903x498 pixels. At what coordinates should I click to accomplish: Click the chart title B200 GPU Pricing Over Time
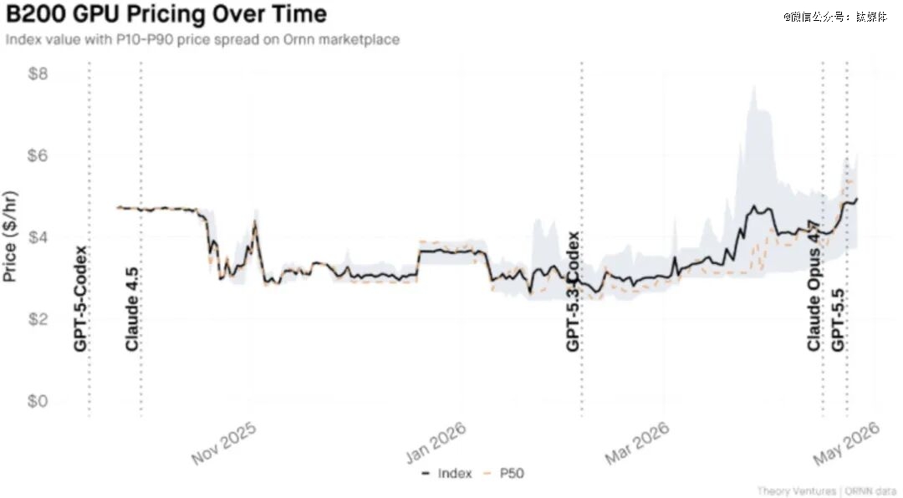166,15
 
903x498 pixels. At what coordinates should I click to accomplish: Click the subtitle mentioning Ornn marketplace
202,39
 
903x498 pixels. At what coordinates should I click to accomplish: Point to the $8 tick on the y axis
38,74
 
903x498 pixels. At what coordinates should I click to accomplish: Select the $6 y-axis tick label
38,156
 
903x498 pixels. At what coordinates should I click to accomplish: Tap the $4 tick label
38,238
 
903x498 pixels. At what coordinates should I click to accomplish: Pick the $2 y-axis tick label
38,320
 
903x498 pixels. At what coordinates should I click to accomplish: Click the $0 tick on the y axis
38,402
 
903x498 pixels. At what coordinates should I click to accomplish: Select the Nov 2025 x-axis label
223,443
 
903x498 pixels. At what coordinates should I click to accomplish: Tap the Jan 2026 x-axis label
436,443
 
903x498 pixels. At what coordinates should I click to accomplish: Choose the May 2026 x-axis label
847,443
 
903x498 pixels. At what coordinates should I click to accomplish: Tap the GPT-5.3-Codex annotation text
574,292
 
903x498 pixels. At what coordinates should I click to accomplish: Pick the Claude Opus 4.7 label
814,286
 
